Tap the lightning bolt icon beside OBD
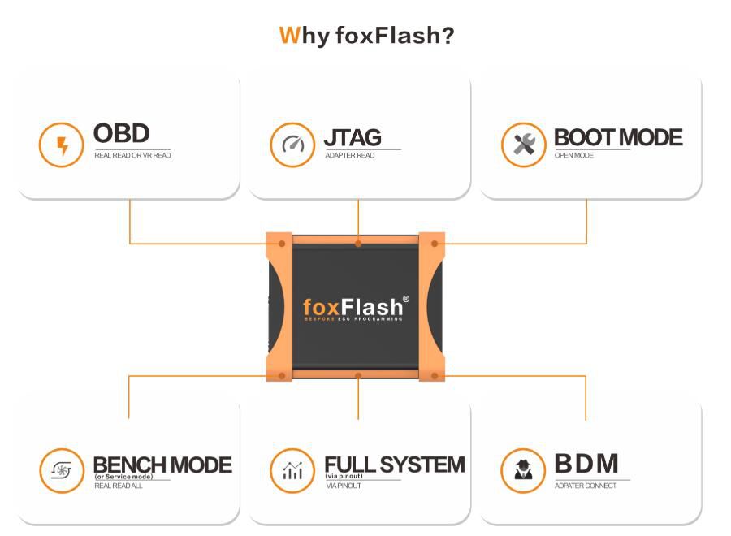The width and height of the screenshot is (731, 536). coord(62,145)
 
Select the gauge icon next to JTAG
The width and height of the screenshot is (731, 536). coord(292,145)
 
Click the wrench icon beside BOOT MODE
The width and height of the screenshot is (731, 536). coord(523,145)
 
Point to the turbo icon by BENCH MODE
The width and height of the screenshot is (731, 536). coord(62,470)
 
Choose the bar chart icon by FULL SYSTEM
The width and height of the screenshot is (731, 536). coord(292,470)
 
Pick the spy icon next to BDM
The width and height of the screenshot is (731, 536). coord(523,470)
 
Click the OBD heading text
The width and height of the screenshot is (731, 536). coord(121,134)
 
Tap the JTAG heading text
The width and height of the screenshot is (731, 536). coord(353,137)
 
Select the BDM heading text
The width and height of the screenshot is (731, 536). coord(586,464)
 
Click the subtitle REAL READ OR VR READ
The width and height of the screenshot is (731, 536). coord(132,155)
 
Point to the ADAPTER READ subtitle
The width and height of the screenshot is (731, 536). coord(350,155)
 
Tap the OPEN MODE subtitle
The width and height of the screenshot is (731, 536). coord(574,155)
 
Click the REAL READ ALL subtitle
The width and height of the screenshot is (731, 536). coord(119,486)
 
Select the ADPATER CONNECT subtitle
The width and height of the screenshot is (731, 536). coord(586,486)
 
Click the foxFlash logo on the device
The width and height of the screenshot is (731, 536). coord(353,307)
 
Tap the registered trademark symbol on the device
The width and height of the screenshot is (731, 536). coord(406,299)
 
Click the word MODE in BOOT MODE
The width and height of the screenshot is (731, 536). coord(649,137)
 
